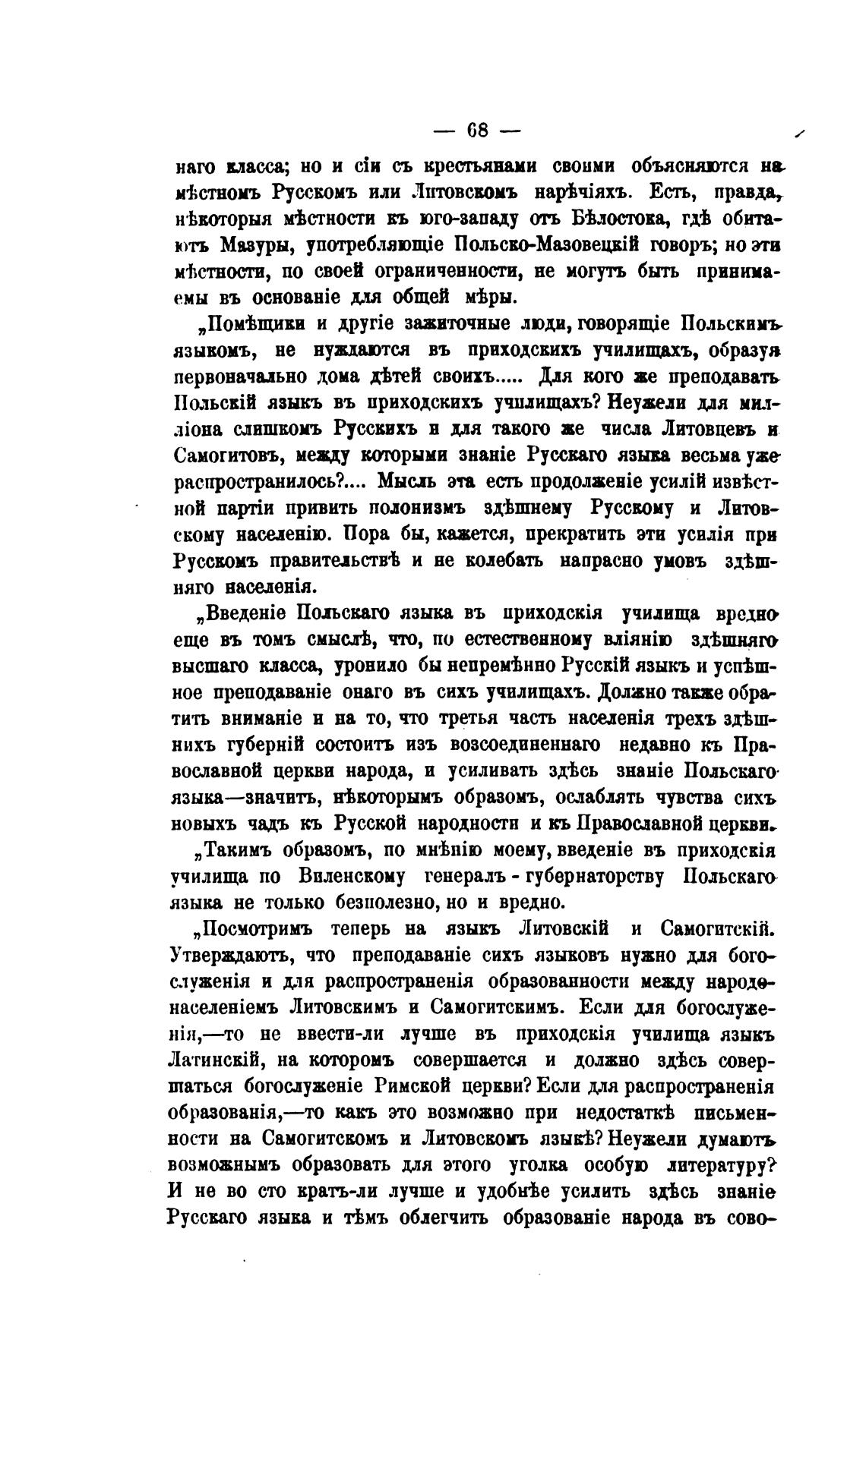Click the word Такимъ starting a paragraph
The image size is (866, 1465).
point(236,849)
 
